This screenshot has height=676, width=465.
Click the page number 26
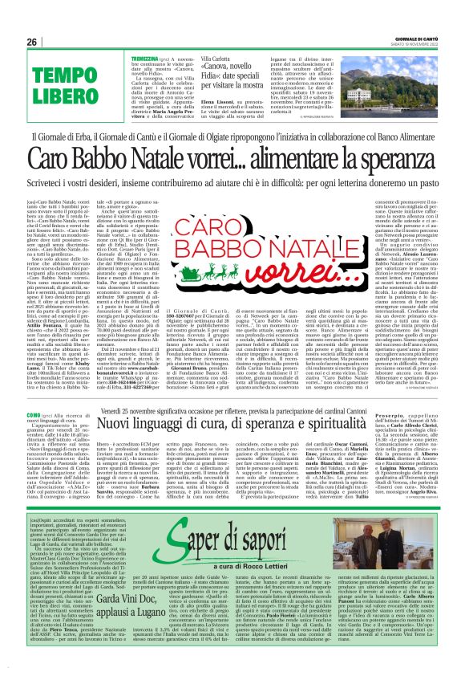pos(31,41)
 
